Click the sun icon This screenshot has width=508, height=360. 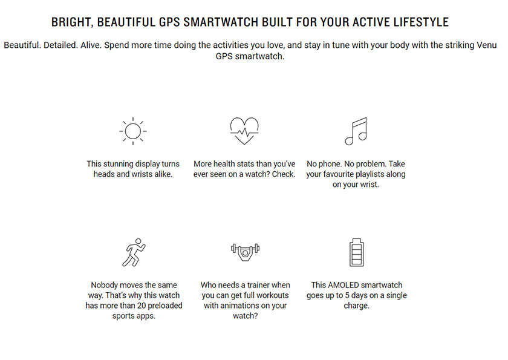click(133, 131)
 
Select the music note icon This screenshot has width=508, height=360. click(356, 131)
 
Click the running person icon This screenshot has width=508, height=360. click(134, 252)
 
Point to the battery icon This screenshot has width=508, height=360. click(356, 252)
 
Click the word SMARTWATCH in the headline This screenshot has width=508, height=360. click(221, 22)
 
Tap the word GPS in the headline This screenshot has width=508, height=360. click(169, 22)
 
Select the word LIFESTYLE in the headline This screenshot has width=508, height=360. click(421, 22)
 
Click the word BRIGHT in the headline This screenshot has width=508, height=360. click(71, 22)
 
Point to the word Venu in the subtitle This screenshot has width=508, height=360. click(487, 45)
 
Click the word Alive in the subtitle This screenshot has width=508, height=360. click(91, 45)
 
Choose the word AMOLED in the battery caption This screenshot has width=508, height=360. click(343, 285)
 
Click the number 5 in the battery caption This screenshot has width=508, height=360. click(347, 295)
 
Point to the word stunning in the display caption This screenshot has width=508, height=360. click(120, 165)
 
